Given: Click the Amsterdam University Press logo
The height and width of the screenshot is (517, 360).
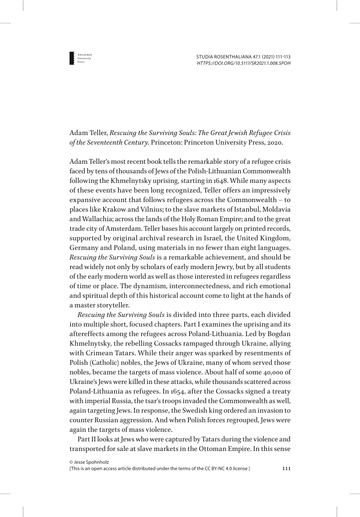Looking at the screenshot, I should coord(72,59).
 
